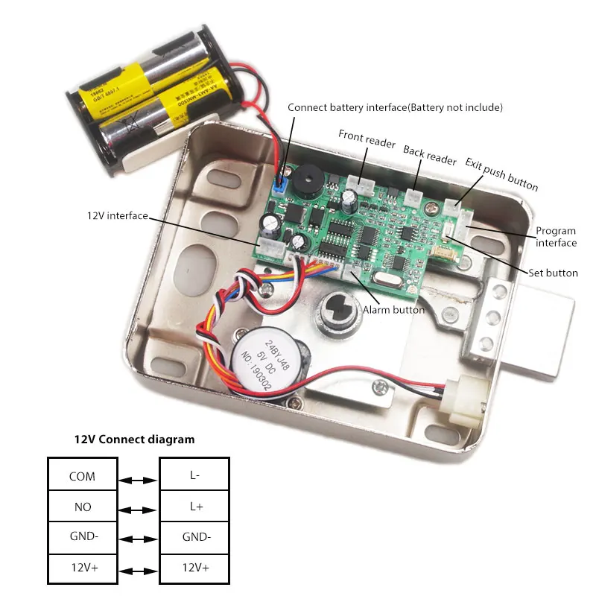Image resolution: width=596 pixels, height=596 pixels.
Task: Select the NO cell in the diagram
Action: click(82, 507)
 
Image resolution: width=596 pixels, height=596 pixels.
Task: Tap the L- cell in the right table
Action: click(194, 476)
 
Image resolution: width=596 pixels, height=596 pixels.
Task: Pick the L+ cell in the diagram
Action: click(194, 507)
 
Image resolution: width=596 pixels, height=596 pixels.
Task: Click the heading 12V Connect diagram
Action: click(134, 440)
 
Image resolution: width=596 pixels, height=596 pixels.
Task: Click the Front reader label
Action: click(366, 139)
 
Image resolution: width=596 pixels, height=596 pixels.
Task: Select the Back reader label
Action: click(430, 155)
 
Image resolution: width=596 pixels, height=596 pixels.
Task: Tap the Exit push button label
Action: click(501, 174)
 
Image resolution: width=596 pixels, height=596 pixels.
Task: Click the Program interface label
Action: click(556, 237)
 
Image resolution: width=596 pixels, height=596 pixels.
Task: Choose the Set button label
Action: click(553, 273)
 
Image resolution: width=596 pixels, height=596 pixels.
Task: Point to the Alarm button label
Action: click(393, 309)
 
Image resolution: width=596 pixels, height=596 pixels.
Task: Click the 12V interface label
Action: click(117, 216)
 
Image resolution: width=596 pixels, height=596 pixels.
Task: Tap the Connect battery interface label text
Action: click(395, 107)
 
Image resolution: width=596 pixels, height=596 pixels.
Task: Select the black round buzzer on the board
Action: click(305, 183)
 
